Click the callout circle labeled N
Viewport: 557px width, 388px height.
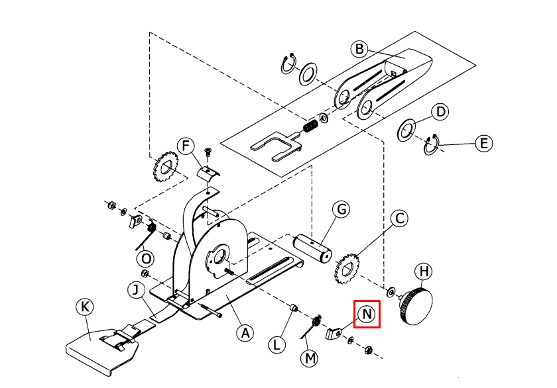pyautogui.click(x=367, y=315)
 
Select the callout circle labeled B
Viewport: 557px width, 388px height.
pyautogui.click(x=359, y=48)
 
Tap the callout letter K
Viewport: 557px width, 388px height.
pyautogui.click(x=86, y=307)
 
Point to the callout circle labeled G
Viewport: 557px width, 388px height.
pyautogui.click(x=341, y=209)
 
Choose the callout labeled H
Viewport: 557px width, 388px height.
pyautogui.click(x=424, y=271)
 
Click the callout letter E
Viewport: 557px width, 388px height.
pyautogui.click(x=484, y=143)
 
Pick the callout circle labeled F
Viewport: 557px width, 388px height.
pyautogui.click(x=186, y=146)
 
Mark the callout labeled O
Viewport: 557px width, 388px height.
pyautogui.click(x=146, y=259)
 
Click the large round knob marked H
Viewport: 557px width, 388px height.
pyautogui.click(x=416, y=307)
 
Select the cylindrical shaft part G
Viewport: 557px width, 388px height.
pyautogui.click(x=312, y=248)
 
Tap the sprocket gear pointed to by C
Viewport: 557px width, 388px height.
pyautogui.click(x=347, y=268)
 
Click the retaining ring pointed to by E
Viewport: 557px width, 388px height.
pyautogui.click(x=432, y=144)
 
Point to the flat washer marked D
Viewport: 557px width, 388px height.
pyautogui.click(x=406, y=130)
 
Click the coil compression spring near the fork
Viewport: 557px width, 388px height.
pyautogui.click(x=311, y=126)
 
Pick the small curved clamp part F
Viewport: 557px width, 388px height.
pyautogui.click(x=208, y=173)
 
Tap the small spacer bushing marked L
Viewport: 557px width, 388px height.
pyautogui.click(x=294, y=307)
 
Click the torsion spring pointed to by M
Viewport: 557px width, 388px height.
pyautogui.click(x=311, y=326)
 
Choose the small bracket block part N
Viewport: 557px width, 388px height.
pyautogui.click(x=334, y=334)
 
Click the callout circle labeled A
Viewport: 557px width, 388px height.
pyautogui.click(x=245, y=334)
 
